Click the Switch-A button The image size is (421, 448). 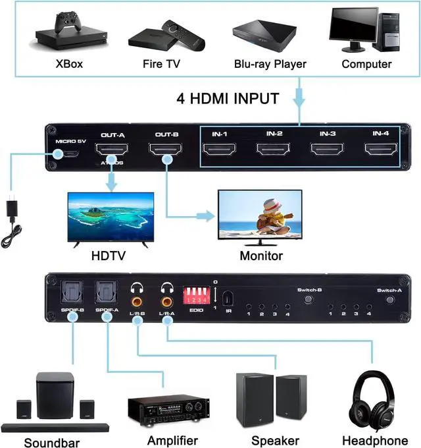tap(391, 299)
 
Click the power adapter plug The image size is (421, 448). tap(15, 211)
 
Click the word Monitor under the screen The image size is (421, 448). tap(261, 256)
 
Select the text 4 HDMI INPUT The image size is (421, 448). tap(228, 99)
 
